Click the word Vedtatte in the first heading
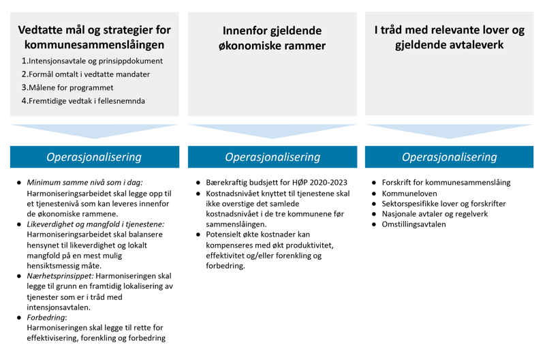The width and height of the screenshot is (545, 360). pos(42,31)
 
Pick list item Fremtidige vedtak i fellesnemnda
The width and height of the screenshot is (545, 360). pos(87,101)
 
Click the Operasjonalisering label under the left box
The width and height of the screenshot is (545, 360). pos(94,157)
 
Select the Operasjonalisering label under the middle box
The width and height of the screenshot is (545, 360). pos(272,157)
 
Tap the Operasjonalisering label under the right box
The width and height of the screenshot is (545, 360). pos(450,157)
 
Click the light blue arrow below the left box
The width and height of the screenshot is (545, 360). pos(94,130)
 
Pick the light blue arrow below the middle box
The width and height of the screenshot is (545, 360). pos(272,130)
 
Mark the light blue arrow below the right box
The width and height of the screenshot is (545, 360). pos(450,130)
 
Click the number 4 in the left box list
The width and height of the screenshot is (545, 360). pos(24,101)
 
